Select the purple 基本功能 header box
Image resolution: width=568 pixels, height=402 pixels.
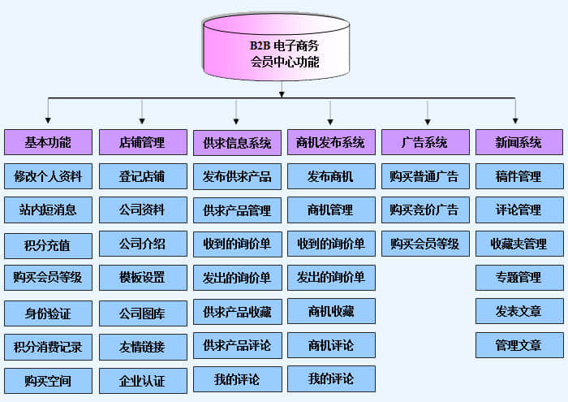pos(48,142)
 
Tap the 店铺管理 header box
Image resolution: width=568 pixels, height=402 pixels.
pos(142,142)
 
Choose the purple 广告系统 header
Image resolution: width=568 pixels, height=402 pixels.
pos(425,142)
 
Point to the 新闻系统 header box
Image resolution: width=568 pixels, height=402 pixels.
pos(519,142)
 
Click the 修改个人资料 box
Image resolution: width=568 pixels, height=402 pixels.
pos(48,176)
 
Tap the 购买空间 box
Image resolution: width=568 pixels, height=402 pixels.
pos(48,380)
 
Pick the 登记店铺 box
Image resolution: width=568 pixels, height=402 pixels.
pos(142,176)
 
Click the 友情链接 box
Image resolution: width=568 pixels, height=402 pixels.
pos(142,347)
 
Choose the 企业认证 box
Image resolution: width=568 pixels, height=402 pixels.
pos(142,380)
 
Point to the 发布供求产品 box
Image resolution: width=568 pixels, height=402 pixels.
pos(237,176)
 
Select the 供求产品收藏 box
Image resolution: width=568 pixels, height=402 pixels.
pos(237,312)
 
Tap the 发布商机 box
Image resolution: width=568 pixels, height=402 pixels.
pos(331,176)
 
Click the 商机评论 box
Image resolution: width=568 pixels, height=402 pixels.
pos(331,345)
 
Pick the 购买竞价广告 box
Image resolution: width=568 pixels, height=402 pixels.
pos(425,210)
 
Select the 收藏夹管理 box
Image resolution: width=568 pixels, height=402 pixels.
pos(519,244)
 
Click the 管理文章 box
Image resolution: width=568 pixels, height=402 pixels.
pos(519,345)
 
